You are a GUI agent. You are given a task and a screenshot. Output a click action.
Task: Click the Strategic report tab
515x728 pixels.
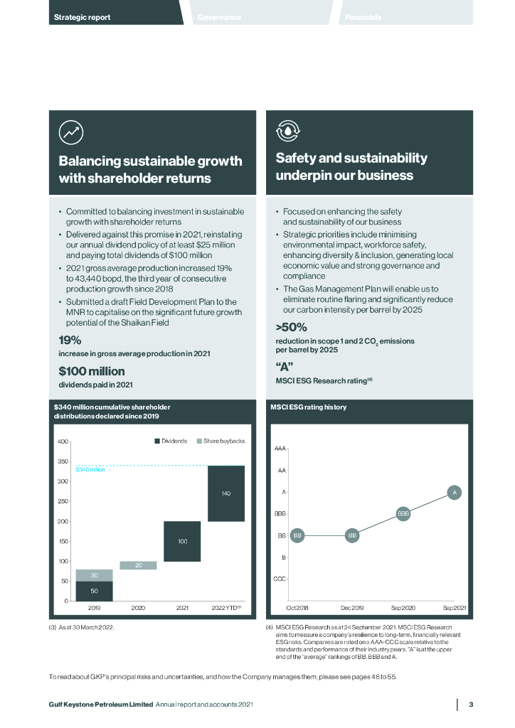point(83,17)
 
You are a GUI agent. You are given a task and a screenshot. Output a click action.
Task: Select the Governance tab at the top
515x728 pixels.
point(219,17)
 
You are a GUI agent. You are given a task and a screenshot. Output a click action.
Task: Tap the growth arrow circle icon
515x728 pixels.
point(71,132)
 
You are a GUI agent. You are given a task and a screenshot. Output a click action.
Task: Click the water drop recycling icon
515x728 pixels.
point(288,132)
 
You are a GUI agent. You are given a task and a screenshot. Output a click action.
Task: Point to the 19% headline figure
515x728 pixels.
point(70,340)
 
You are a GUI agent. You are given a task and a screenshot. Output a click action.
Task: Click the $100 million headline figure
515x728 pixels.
point(92,370)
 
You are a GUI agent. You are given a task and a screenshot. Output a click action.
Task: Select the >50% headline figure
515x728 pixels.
point(291,327)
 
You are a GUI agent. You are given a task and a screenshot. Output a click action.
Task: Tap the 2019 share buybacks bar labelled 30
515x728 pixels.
point(94,575)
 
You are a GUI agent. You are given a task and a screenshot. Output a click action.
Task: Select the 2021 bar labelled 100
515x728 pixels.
point(182,541)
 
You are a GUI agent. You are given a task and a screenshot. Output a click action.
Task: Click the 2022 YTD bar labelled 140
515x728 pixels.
point(226,493)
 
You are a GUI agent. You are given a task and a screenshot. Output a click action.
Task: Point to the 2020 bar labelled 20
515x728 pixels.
point(138,565)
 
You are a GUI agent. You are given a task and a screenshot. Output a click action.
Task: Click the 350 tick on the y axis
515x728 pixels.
point(63,462)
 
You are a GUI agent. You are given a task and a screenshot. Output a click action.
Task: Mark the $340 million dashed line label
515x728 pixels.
point(90,470)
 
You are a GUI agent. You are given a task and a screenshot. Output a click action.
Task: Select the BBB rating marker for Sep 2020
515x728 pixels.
point(403,513)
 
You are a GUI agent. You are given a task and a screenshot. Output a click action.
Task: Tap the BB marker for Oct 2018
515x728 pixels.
point(297,535)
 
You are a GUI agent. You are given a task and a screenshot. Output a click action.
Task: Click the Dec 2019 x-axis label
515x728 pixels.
point(351,608)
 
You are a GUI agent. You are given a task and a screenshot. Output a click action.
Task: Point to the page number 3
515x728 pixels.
point(470,705)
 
